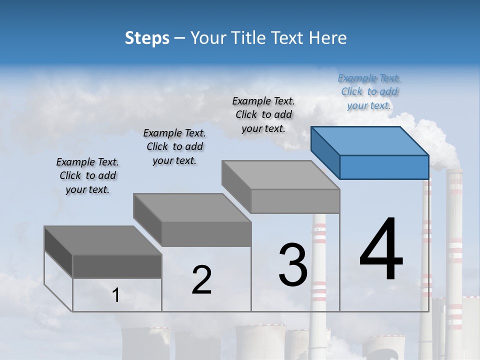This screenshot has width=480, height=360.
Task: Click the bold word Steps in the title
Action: coord(147,38)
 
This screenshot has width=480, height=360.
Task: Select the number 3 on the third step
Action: coord(293,264)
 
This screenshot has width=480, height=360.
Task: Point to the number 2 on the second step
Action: coord(201,280)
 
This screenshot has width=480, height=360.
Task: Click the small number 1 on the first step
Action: coord(116,295)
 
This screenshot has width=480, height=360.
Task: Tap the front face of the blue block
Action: coord(384,167)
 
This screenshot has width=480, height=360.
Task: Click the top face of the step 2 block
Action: coord(191,207)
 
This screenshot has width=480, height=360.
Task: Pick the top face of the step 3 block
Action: coord(280,175)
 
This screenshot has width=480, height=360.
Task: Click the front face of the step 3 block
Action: coord(295,201)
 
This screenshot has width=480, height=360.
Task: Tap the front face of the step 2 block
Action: coord(206,234)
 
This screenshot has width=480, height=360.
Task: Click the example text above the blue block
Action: coord(369,92)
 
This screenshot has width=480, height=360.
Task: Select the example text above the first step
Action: coord(87,176)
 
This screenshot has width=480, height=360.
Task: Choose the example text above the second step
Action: coord(174,147)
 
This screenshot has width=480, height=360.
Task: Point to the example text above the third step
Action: coord(263,115)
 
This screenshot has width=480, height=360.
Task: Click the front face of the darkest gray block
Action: coord(117,266)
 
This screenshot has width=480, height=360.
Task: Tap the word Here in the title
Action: coord(330,38)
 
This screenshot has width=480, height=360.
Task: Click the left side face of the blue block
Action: coord(325,152)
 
